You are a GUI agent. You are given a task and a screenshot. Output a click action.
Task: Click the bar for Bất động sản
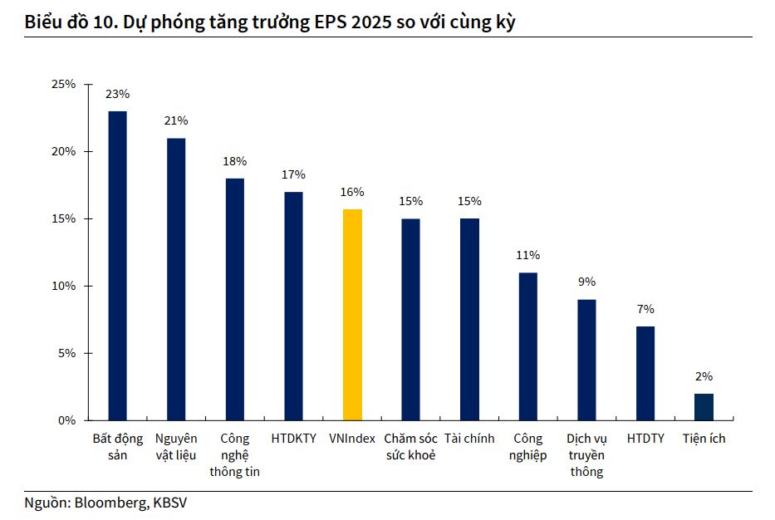118,266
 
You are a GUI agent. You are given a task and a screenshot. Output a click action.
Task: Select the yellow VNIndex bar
352,315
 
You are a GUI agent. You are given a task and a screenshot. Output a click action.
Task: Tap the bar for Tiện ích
704,406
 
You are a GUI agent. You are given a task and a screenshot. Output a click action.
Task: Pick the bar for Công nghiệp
527,346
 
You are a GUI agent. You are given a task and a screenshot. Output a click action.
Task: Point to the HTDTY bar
645,373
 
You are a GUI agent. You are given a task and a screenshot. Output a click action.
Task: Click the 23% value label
117,94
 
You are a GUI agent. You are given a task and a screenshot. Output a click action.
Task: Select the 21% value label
176,120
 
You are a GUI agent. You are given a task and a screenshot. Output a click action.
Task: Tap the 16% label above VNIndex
352,192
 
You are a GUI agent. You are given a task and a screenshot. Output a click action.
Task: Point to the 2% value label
704,376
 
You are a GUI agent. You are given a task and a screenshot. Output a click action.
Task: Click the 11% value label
527,255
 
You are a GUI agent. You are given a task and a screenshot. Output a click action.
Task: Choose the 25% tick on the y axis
64,85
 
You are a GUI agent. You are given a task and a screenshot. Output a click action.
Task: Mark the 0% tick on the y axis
67,420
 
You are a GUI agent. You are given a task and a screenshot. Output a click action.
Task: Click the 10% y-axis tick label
64,286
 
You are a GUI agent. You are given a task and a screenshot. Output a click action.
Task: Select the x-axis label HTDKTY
293,439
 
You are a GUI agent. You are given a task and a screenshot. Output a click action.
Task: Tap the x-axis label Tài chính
469,439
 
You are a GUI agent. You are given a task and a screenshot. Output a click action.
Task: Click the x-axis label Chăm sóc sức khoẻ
410,447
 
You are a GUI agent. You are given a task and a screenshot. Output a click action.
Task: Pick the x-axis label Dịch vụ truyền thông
586,455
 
